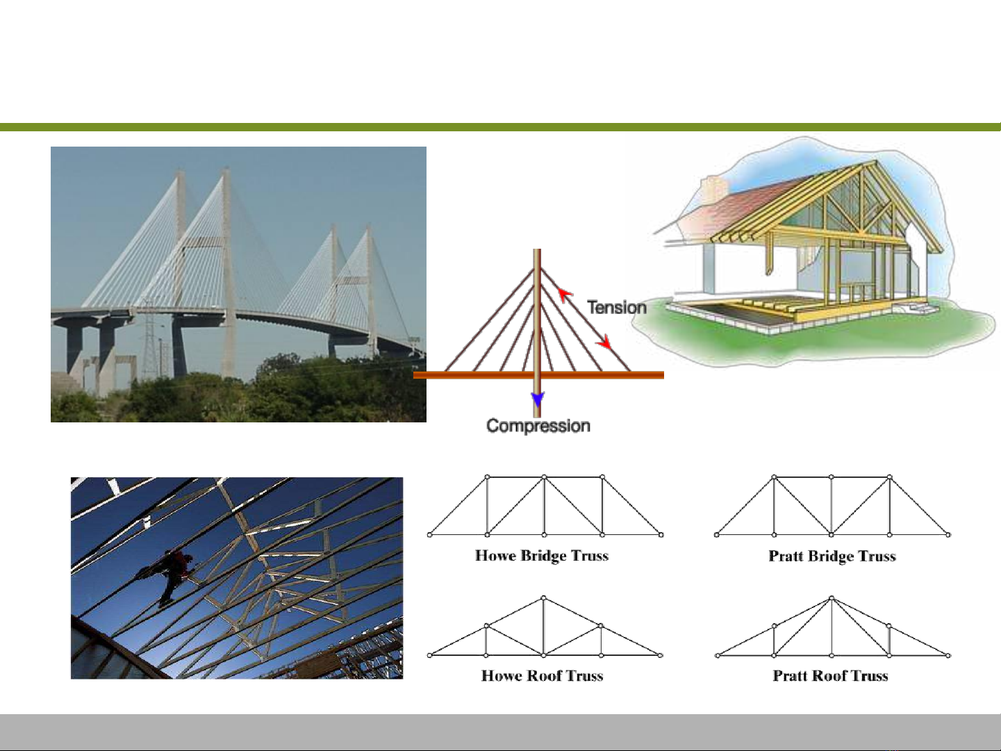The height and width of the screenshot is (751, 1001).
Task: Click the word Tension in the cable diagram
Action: (617, 307)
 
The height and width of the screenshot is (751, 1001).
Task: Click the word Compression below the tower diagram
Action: (538, 426)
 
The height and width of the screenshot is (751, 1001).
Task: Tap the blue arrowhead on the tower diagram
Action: (538, 399)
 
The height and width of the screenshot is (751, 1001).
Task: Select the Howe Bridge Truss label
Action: (542, 556)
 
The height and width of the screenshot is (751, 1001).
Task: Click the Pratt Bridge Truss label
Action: (832, 556)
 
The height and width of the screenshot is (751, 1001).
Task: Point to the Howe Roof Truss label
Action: (543, 676)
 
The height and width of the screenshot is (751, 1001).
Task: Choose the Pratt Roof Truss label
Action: (830, 676)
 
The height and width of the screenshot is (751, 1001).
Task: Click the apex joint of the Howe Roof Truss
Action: (544, 597)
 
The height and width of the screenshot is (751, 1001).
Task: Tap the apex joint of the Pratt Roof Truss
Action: (832, 597)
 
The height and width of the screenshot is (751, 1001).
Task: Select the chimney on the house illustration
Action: (713, 190)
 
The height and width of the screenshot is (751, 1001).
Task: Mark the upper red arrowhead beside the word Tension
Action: (565, 295)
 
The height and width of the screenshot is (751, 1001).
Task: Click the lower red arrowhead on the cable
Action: (605, 342)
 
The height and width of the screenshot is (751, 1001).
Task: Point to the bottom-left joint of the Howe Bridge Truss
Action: (429, 535)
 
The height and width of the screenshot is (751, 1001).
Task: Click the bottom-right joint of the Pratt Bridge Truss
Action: (948, 535)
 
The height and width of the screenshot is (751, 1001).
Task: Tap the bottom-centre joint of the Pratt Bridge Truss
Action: (832, 535)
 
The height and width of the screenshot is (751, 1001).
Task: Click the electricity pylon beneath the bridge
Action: (149, 340)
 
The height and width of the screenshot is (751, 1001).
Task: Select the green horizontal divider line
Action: (500, 126)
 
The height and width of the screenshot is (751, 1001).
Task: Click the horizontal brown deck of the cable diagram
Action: (538, 375)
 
